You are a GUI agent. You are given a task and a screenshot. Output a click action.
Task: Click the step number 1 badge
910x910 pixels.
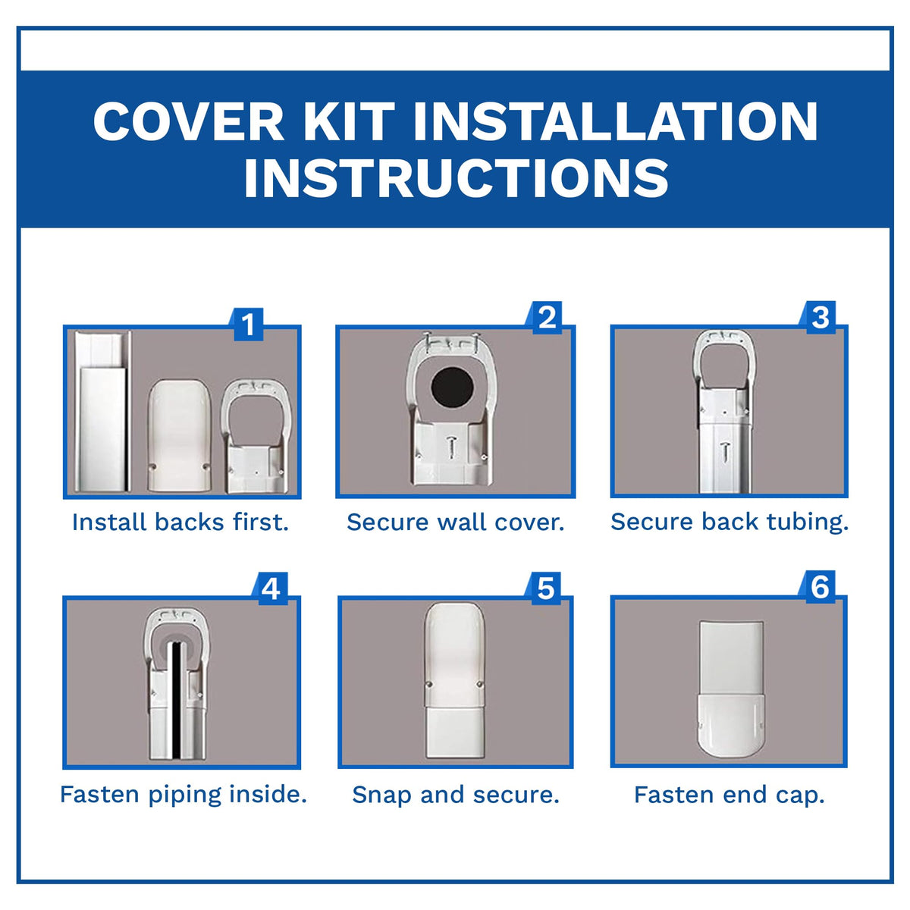[x=248, y=324]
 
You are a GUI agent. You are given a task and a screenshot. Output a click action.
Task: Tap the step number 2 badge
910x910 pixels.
[x=547, y=317]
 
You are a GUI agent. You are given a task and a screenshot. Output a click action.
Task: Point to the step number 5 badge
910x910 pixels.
[x=546, y=589]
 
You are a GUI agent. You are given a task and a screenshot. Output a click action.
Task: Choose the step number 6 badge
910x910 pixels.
[x=820, y=587]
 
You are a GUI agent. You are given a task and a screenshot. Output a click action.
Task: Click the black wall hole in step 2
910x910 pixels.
[x=452, y=388]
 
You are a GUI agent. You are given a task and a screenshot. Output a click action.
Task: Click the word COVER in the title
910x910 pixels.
[x=188, y=121]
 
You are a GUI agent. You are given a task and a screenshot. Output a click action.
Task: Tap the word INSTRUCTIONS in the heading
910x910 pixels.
[x=456, y=178]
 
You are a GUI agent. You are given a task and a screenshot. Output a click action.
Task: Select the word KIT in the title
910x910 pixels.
[x=349, y=121]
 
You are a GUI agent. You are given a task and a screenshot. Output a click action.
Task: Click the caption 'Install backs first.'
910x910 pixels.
[x=180, y=522]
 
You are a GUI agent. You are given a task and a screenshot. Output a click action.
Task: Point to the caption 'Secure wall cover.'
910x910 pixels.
[x=456, y=522]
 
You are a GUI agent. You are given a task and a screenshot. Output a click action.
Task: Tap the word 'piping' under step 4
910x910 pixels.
[x=184, y=795]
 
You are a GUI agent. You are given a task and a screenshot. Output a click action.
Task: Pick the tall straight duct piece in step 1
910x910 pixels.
[x=102, y=411]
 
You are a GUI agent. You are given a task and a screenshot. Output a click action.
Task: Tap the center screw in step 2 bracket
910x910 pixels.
[x=451, y=446]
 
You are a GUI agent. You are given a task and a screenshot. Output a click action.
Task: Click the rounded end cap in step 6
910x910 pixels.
[x=730, y=729]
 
